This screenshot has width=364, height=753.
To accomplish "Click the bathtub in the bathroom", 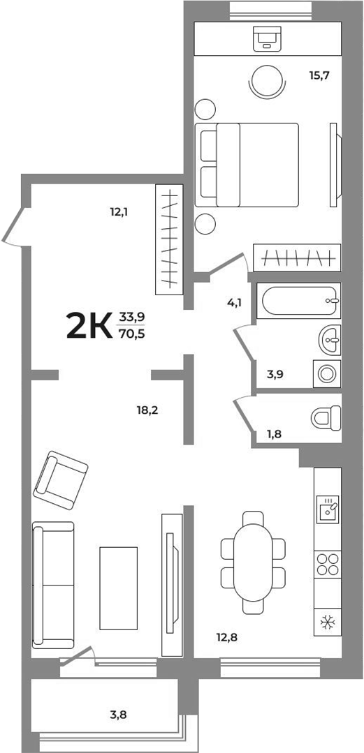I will tap(298, 301).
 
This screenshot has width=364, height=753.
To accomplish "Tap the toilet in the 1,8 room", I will tap(324, 417).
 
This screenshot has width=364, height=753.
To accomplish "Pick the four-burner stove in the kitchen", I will tap(327, 563).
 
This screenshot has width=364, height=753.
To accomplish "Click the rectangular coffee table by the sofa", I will tap(118, 588).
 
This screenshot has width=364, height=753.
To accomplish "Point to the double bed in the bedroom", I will tap(248, 165).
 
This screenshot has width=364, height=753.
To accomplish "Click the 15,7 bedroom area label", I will tap(319, 73).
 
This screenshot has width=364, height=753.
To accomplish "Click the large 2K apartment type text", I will tap(89, 326).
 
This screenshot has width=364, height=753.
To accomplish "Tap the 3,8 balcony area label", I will tap(118, 714).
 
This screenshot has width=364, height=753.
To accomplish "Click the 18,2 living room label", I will tap(147, 410).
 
